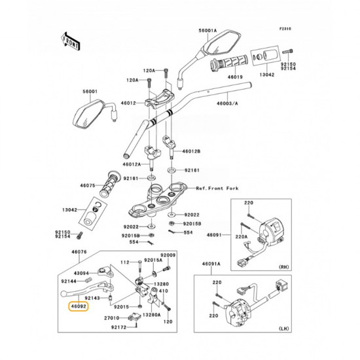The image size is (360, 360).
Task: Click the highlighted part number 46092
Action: click(x=79, y=305)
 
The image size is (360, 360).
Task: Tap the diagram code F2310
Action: click(x=285, y=29)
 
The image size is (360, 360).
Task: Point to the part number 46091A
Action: click(x=211, y=264)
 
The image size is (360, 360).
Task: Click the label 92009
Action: click(x=170, y=254)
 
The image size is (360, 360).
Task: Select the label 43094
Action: click(x=82, y=272)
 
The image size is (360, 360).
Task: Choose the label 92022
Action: click(x=192, y=214)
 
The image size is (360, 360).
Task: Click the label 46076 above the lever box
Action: click(x=79, y=251)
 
